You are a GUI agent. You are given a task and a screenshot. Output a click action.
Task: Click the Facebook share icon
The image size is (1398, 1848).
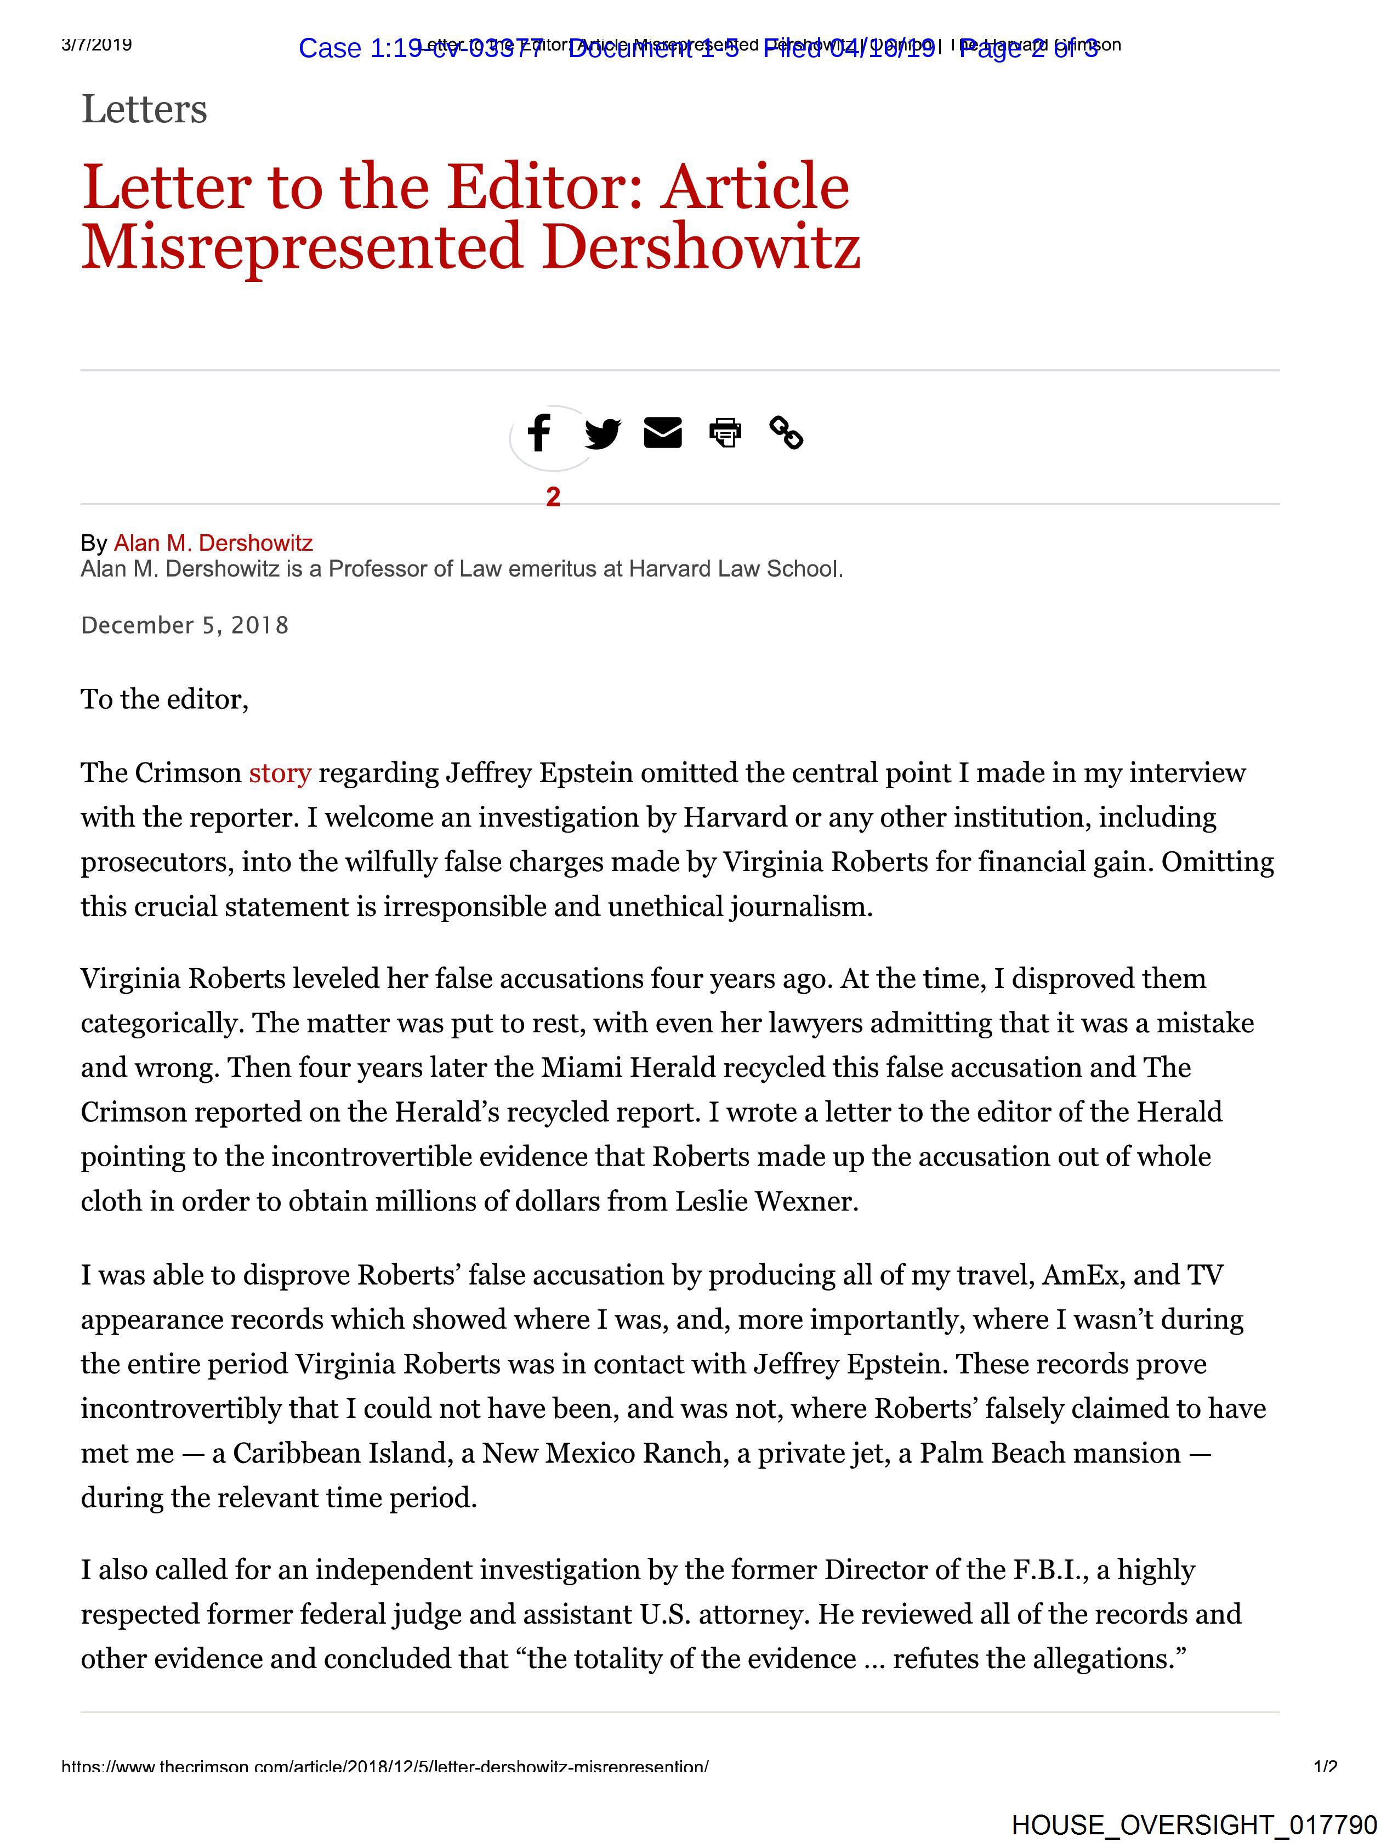pos(539,433)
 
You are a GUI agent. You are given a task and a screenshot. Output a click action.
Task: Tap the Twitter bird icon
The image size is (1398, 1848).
pos(602,433)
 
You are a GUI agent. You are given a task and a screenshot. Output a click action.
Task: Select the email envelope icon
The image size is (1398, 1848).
pos(663,433)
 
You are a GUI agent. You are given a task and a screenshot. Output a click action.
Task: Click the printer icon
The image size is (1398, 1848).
pos(725,433)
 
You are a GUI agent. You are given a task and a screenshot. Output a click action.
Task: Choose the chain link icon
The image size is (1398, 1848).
pos(786,433)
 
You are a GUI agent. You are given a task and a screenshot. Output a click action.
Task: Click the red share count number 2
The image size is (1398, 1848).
pos(553,497)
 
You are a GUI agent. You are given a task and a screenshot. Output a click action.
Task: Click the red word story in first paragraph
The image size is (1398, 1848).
pos(280,773)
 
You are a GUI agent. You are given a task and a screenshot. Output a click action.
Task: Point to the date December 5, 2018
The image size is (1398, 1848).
pos(185,626)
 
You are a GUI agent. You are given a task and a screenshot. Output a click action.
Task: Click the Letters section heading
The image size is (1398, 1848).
pos(144,110)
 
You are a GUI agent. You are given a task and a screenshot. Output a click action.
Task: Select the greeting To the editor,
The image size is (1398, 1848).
pos(164,699)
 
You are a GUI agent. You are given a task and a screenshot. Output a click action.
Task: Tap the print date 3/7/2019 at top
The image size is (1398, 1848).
pos(97,44)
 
